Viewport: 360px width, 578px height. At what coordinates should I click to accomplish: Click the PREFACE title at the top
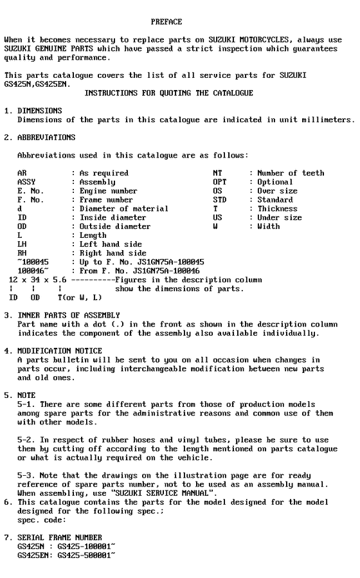point(166,22)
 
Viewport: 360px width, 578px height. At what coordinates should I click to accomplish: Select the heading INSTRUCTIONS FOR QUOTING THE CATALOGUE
point(168,93)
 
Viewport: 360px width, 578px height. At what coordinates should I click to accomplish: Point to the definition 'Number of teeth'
point(291,173)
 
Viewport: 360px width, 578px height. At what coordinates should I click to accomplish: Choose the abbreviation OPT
point(219,182)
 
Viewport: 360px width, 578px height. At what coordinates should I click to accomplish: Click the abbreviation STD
point(219,200)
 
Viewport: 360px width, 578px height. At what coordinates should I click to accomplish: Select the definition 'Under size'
point(280,218)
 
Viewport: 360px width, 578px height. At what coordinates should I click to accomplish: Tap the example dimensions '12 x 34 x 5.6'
point(38,280)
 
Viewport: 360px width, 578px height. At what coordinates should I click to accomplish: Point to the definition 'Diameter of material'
point(124,209)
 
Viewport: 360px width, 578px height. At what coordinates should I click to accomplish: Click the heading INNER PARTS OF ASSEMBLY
point(69,315)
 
